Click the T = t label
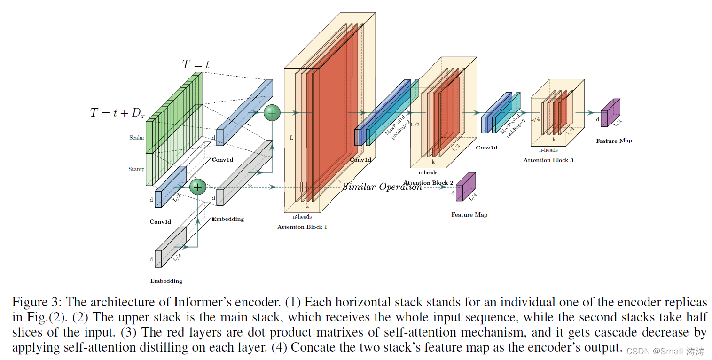coord(196,65)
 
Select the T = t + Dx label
coord(117,113)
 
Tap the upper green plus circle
coord(272,113)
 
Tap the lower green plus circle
coord(198,187)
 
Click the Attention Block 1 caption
coord(302,227)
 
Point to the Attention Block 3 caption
coord(548,160)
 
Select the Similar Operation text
coord(382,187)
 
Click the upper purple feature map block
coord(610,113)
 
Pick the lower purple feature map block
coord(465,187)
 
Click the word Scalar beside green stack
coord(137,138)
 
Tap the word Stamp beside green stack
coord(136,169)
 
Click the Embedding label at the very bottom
coord(166,281)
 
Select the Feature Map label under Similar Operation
coord(469,215)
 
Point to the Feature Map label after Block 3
coord(614,141)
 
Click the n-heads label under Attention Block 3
coord(548,150)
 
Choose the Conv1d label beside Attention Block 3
coord(486,148)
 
